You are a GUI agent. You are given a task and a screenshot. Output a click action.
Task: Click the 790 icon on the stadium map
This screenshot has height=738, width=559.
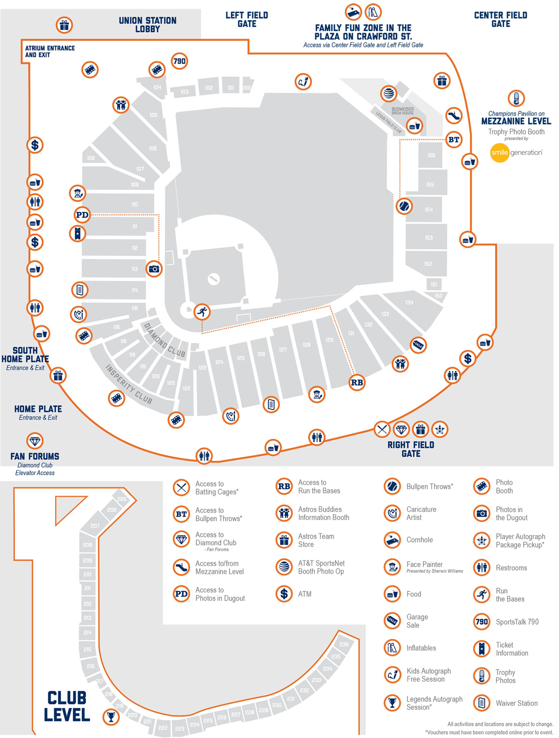180,61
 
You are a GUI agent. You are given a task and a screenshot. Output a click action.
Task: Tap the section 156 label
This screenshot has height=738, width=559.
431,155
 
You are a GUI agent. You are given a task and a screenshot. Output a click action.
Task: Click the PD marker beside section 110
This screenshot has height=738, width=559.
82,215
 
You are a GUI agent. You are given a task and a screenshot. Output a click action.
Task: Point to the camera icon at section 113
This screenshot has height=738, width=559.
154,269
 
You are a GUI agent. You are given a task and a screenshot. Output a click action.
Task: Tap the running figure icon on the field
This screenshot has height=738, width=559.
202,312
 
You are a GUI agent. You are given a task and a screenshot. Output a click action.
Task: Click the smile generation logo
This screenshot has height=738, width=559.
516,153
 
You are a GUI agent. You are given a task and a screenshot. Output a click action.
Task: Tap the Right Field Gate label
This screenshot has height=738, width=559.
411,449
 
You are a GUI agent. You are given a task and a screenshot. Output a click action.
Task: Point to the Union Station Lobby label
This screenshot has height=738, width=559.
148,25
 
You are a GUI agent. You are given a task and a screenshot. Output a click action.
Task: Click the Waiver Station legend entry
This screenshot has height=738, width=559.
516,703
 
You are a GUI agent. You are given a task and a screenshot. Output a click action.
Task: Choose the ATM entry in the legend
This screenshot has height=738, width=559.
304,594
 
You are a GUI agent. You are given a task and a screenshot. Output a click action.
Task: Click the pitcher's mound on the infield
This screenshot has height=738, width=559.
213,279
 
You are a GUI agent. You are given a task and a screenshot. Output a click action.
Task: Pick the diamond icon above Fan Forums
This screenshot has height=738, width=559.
35,441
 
